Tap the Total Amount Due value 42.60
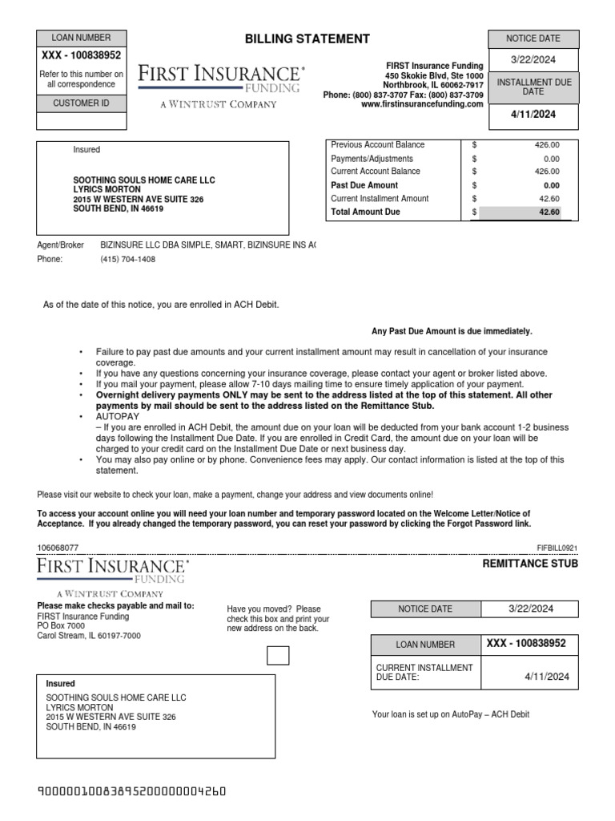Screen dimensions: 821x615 (x=549, y=212)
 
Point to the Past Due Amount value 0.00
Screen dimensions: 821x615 (x=551, y=185)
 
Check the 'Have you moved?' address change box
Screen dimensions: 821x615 (x=278, y=656)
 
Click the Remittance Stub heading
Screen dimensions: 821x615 (x=529, y=564)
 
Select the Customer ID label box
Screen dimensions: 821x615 (x=81, y=103)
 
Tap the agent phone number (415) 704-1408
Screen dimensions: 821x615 (x=127, y=260)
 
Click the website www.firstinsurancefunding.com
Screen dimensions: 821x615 (x=422, y=104)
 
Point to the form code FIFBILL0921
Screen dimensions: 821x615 (x=557, y=548)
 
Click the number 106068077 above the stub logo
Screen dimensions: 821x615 (x=58, y=547)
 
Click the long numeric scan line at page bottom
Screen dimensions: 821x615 (x=132, y=792)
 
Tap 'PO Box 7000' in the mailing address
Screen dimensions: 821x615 (x=61, y=625)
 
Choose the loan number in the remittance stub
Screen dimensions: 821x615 (x=526, y=644)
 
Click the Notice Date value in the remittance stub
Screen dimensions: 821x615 (x=531, y=609)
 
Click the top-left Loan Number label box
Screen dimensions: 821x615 (x=81, y=38)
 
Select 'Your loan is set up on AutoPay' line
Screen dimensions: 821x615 (x=451, y=714)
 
